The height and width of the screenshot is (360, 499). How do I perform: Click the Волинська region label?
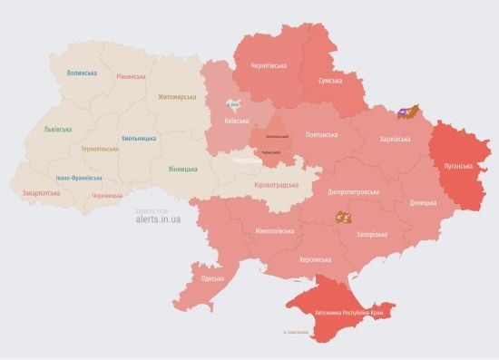pyautogui.click(x=81, y=73)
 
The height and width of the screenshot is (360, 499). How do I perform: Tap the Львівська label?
pyautogui.click(x=57, y=130)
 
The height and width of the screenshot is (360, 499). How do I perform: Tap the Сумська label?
pyautogui.click(x=329, y=81)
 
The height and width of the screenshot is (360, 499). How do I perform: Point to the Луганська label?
pyautogui.click(x=458, y=167)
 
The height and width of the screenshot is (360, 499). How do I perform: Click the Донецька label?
pyautogui.click(x=422, y=202)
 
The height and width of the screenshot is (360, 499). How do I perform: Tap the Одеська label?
pyautogui.click(x=213, y=278)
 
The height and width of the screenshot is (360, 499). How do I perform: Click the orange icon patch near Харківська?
pyautogui.click(x=409, y=112)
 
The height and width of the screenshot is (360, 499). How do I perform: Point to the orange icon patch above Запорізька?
pyautogui.click(x=344, y=217)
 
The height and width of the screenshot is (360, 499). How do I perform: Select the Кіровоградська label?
pyautogui.click(x=274, y=184)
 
